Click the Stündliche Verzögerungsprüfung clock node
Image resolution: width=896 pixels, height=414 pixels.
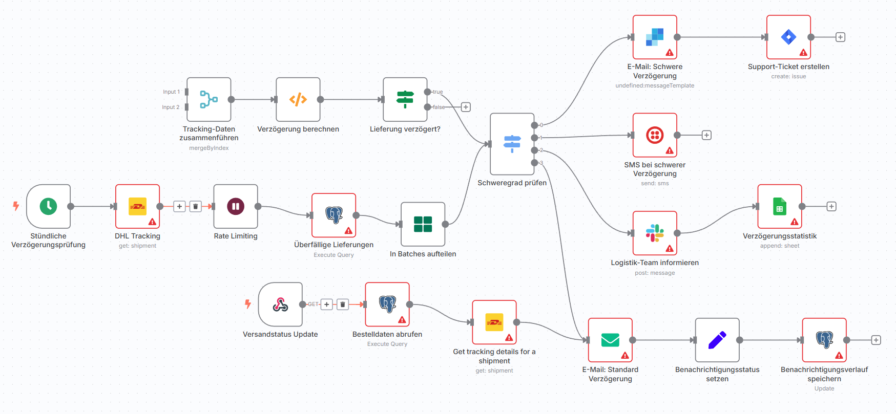point(49,206)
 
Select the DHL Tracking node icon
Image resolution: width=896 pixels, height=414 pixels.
point(137,206)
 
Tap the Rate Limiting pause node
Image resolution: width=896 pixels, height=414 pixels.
point(236,206)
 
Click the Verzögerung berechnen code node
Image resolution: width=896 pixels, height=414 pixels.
point(298,99)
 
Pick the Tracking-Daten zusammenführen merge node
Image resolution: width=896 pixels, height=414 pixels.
point(209,99)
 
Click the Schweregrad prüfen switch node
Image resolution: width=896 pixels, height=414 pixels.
point(512,144)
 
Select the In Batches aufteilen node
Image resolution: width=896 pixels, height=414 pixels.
point(423,224)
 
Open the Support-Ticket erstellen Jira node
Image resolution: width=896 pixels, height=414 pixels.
point(788,37)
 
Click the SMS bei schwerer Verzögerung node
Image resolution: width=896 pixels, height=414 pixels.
point(655,135)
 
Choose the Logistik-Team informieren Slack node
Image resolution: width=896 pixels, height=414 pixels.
point(655,233)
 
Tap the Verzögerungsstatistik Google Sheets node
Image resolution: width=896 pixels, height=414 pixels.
point(780,206)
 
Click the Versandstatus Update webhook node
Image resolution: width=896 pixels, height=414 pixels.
point(280,304)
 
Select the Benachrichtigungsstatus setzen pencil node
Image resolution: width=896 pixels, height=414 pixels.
point(717,340)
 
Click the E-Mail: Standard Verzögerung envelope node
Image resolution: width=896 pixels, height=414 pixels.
point(610,340)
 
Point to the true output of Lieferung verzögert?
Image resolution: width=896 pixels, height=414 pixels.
point(428,92)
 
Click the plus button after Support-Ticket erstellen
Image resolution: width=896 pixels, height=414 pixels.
point(840,37)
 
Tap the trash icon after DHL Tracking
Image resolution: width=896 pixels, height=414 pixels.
point(196,206)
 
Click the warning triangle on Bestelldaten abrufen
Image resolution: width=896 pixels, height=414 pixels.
point(402,320)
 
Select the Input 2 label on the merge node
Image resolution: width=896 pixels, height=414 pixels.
point(171,107)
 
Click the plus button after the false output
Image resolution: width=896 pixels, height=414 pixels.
point(466,107)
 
